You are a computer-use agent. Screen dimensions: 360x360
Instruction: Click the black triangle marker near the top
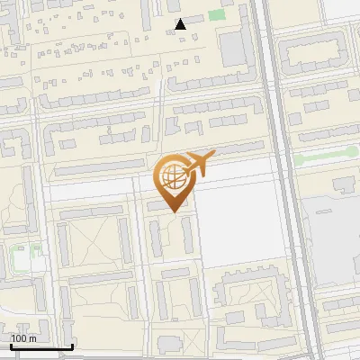point(181,24)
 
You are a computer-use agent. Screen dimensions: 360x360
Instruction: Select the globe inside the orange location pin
point(171,175)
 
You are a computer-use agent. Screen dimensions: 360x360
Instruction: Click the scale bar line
point(41,346)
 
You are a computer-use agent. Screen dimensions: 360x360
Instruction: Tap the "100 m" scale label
point(23,338)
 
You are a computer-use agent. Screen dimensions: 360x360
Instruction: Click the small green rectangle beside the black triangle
point(216,14)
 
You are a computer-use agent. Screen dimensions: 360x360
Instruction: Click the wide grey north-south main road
point(282,180)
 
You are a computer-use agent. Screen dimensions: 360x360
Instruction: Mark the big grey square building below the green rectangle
point(233,49)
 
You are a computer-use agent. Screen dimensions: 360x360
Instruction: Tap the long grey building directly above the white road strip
point(99,168)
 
